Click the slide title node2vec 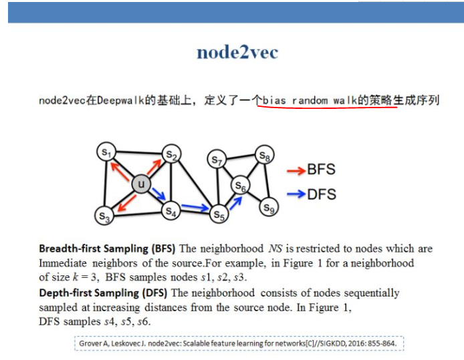coord(237,53)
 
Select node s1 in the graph coord(106,152)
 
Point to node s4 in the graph coord(172,211)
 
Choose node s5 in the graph coord(218,214)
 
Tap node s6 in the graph coord(241,186)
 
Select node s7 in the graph coord(217,159)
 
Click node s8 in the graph coord(265,157)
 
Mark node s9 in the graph coord(268,208)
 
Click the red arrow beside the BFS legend coord(295,170)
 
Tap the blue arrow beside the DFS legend coord(295,195)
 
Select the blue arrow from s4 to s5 coord(195,208)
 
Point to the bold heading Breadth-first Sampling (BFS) coord(108,249)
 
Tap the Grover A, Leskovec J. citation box coord(239,343)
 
